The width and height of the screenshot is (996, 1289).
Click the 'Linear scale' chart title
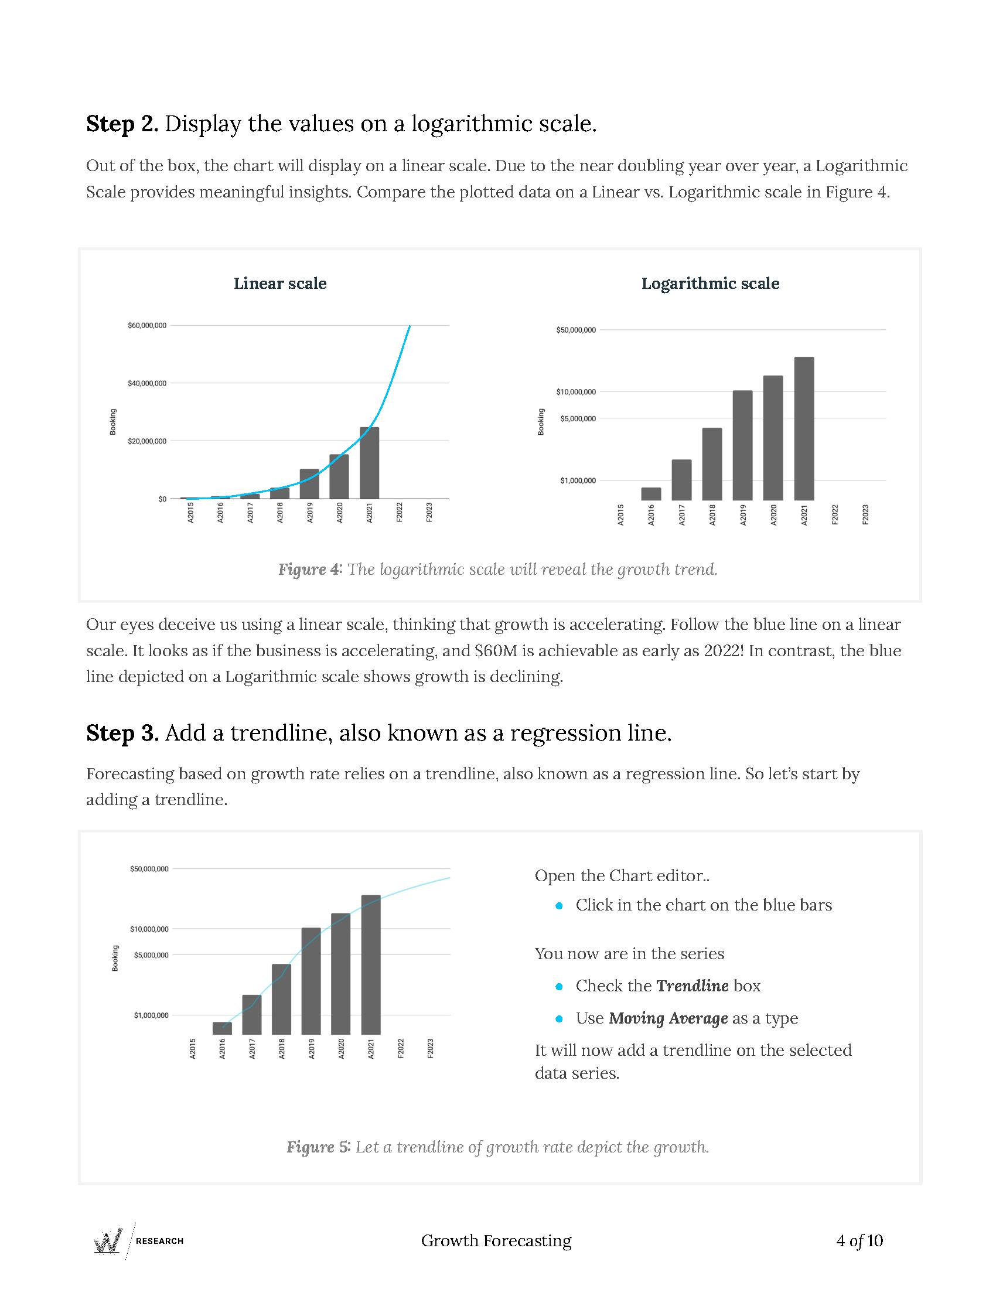(279, 284)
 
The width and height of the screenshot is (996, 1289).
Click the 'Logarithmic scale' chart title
(710, 284)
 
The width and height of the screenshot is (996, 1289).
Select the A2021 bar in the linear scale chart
(369, 463)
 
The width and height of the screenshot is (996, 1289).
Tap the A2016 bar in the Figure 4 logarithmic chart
(651, 494)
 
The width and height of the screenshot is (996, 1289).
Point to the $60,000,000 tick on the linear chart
(147, 325)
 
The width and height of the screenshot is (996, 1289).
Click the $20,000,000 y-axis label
(147, 441)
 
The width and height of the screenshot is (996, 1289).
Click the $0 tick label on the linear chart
(162, 499)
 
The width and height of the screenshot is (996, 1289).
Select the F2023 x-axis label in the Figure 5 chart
(430, 1049)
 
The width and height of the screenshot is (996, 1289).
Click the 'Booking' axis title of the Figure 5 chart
(115, 958)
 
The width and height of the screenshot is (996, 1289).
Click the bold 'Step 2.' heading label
(122, 124)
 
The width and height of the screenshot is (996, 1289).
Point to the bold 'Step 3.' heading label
(122, 733)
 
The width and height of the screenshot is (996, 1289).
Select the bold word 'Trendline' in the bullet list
(692, 985)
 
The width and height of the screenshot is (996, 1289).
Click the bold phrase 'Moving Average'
(668, 1018)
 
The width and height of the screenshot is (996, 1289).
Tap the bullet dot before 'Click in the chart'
(560, 905)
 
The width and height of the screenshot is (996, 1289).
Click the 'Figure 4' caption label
(309, 570)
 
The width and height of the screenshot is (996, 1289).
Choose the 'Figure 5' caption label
(318, 1147)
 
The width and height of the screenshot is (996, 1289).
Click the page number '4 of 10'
(859, 1240)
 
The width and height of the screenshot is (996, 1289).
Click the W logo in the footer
(108, 1240)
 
